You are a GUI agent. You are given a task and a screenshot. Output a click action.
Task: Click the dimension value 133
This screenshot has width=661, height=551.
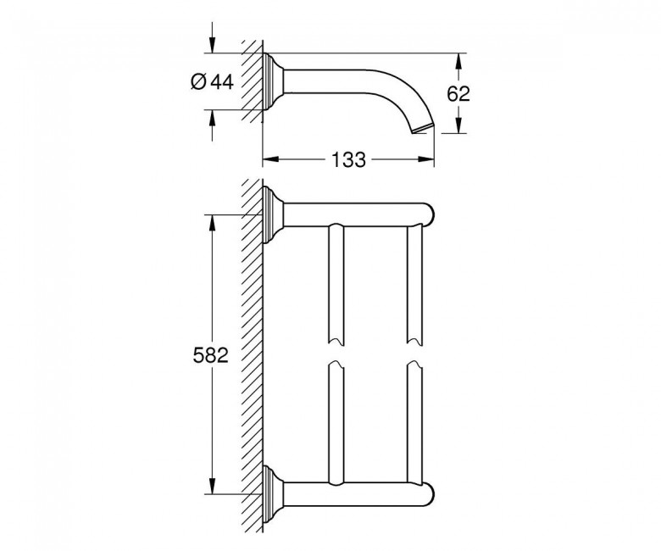[348, 160]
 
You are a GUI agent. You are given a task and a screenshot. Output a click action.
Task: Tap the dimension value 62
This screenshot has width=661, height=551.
[458, 93]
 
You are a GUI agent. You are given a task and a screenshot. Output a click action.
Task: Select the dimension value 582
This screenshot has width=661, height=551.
[211, 355]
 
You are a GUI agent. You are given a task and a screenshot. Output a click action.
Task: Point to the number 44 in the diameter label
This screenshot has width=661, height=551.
[222, 81]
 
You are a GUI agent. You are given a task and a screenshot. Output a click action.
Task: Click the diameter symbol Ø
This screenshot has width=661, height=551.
[198, 81]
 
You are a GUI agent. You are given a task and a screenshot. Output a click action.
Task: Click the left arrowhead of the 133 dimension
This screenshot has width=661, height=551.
[271, 159]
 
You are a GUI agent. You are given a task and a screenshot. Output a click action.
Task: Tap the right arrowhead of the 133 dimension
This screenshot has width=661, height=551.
[425, 159]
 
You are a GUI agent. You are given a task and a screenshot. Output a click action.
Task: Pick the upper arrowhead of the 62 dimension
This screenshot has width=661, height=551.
[458, 61]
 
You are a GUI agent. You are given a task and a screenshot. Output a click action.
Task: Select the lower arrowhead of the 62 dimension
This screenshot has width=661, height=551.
[458, 125]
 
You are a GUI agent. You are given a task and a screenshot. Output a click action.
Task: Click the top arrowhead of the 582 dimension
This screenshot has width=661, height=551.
[212, 223]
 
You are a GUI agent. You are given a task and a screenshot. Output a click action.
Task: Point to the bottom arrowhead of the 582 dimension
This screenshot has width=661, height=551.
[212, 486]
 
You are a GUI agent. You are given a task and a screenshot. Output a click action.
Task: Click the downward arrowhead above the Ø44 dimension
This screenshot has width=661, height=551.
[212, 45]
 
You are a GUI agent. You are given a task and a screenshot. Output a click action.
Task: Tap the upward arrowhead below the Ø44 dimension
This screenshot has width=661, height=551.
[212, 118]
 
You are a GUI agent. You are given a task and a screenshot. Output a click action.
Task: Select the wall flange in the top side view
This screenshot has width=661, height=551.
[272, 81]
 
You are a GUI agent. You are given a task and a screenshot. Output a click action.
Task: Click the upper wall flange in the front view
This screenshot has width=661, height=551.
[272, 214]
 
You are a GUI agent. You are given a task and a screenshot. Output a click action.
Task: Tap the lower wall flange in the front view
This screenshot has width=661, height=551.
[272, 493]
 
